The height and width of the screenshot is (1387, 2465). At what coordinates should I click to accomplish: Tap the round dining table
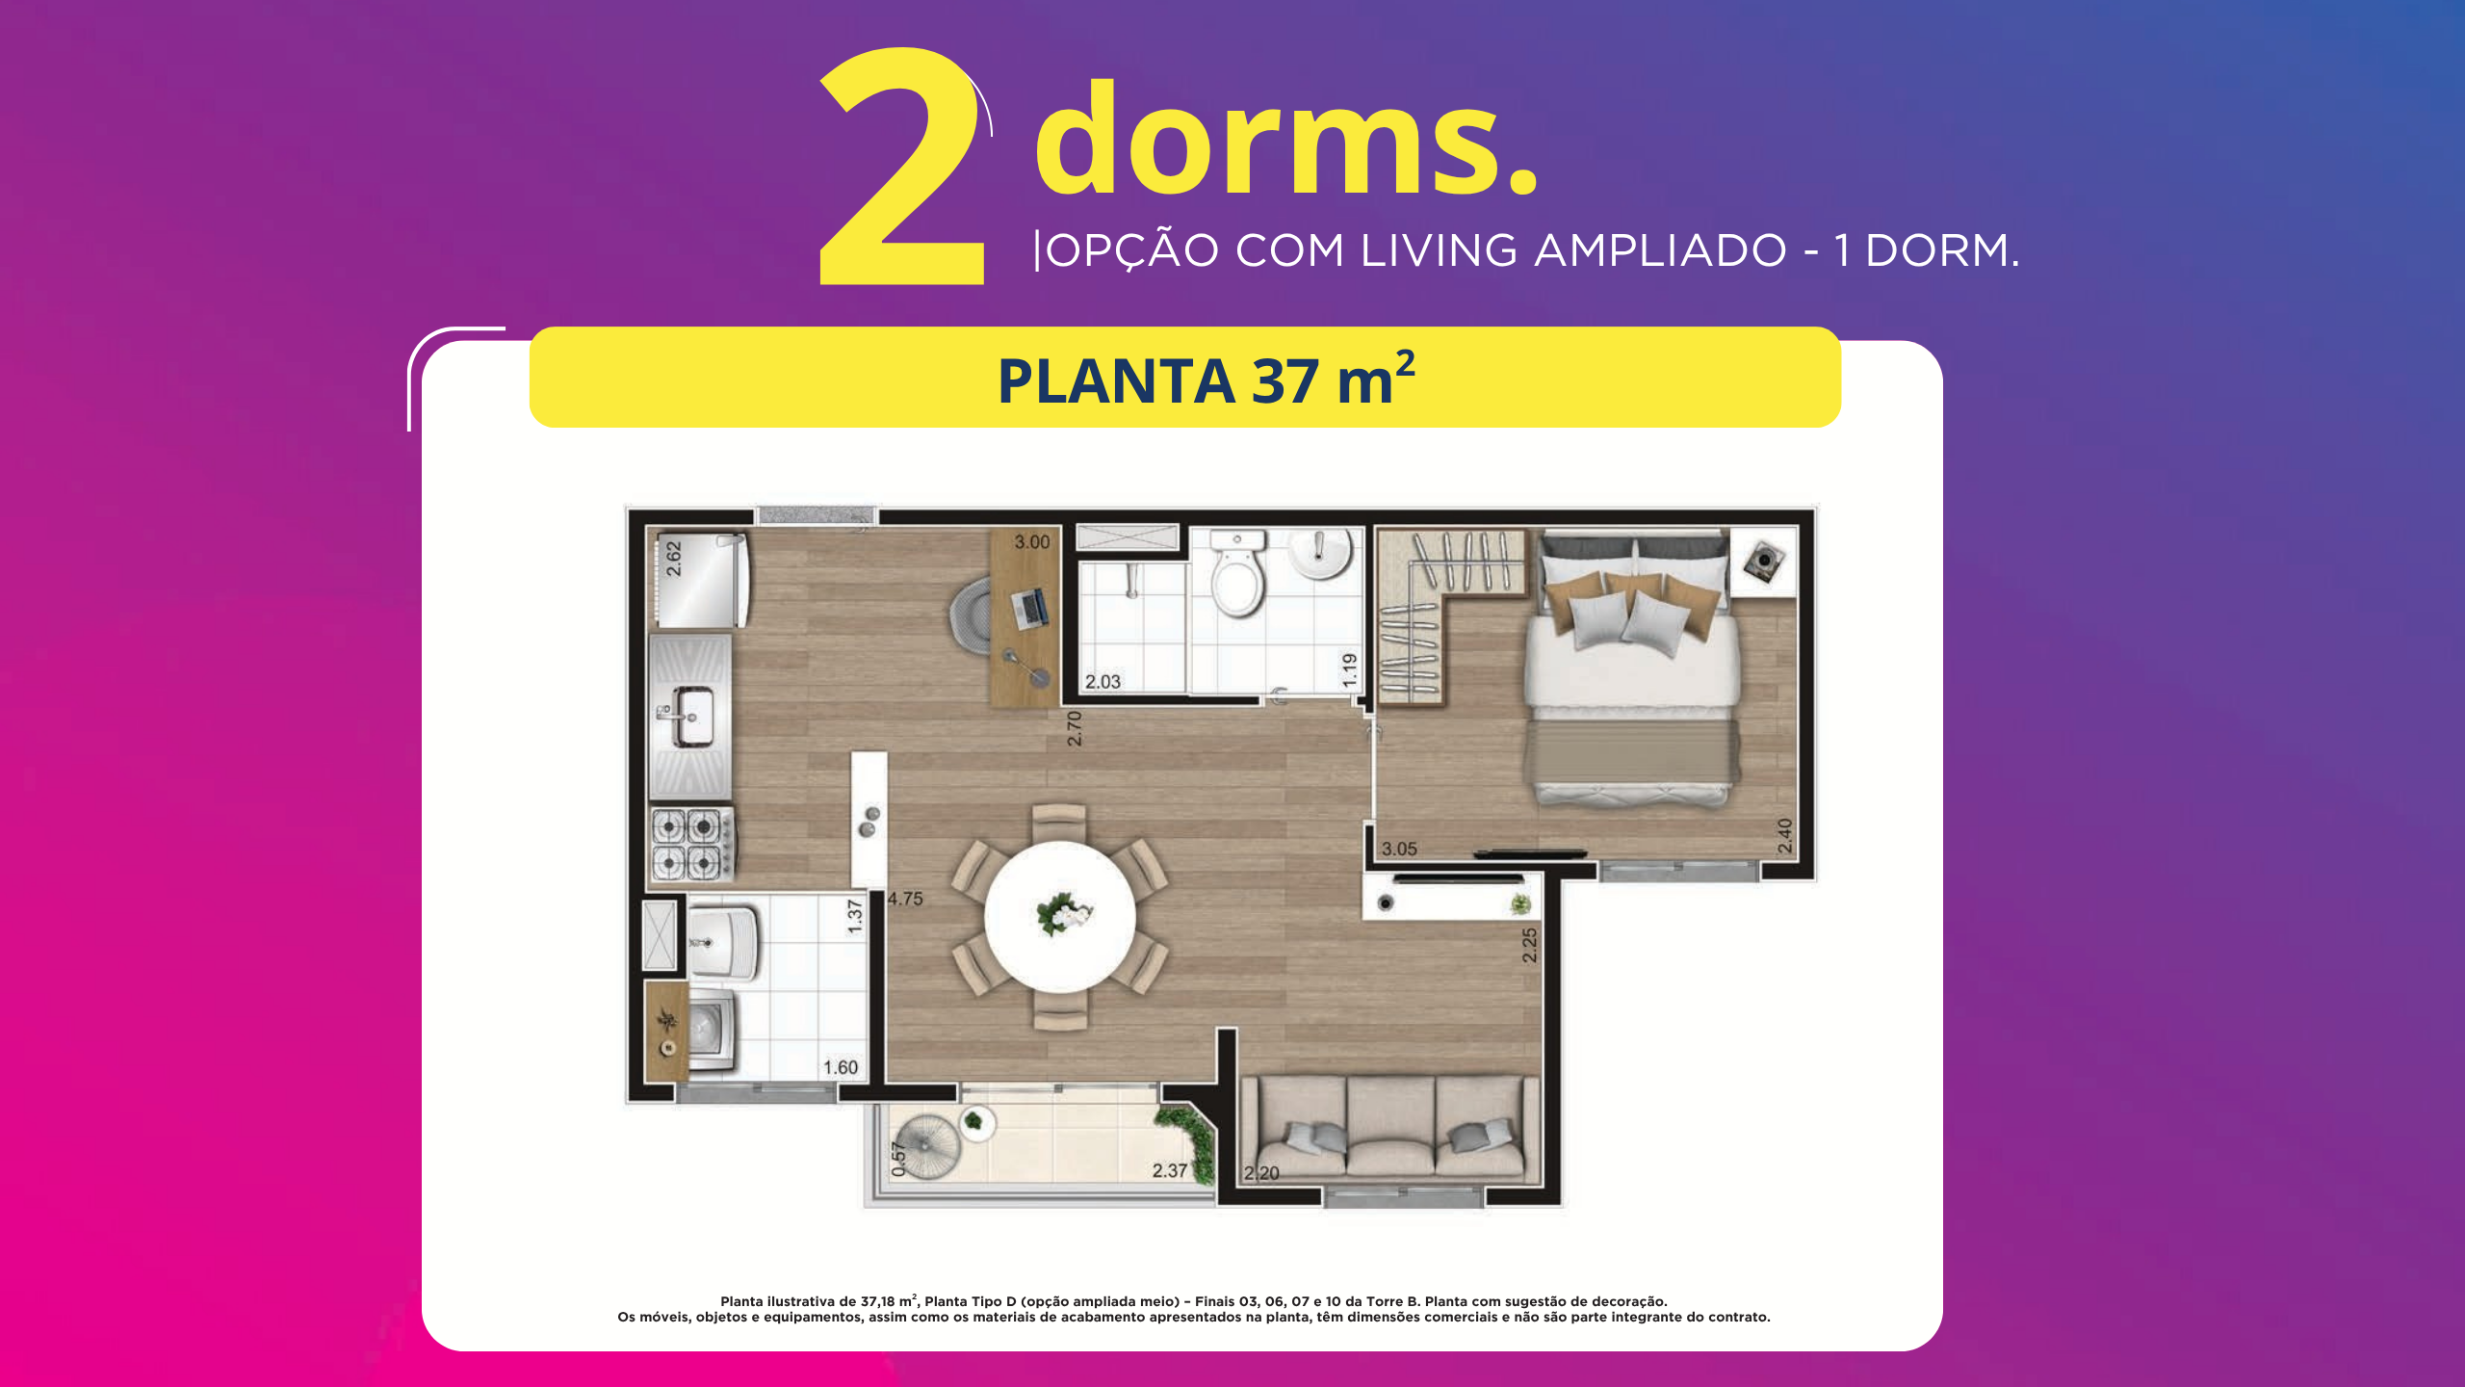click(1060, 916)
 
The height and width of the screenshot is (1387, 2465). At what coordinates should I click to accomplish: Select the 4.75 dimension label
click(905, 899)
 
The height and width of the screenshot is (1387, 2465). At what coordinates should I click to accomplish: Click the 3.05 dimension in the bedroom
click(1399, 849)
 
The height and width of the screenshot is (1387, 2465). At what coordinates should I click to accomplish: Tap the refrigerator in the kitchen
click(701, 580)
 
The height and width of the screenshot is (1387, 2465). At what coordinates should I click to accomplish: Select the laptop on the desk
click(1029, 608)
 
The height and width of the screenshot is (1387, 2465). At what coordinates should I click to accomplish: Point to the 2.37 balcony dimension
click(1170, 1170)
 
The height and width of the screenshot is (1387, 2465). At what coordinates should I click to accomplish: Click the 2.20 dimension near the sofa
click(1261, 1172)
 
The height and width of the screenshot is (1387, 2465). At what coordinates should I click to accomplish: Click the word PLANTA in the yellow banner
click(1116, 381)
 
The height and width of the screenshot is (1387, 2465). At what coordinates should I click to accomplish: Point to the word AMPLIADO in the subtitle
click(1660, 250)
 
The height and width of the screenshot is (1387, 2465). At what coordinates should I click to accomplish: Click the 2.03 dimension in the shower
click(1103, 681)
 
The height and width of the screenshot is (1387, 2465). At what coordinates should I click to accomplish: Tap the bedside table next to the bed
click(1764, 562)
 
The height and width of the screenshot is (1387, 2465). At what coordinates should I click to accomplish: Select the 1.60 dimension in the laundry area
click(840, 1067)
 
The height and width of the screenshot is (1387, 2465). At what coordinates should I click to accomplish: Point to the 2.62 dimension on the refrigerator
click(674, 559)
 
